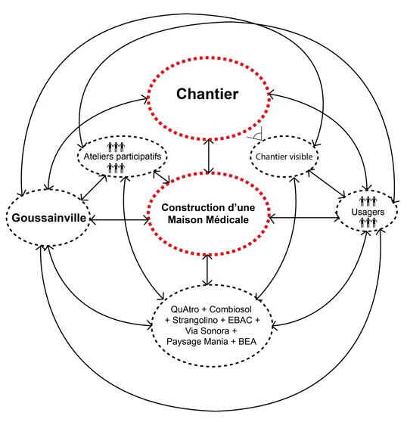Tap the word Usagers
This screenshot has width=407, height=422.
pyautogui.click(x=367, y=213)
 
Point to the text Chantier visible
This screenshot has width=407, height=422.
pyautogui.click(x=284, y=157)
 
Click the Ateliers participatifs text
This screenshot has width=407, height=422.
pyautogui.click(x=121, y=157)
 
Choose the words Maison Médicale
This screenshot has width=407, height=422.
pyautogui.click(x=208, y=219)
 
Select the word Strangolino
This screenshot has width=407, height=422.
pyautogui.click(x=197, y=321)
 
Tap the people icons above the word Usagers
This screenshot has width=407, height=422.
pyautogui.click(x=368, y=201)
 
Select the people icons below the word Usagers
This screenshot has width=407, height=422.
pyautogui.click(x=368, y=224)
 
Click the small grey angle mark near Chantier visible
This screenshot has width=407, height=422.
pyautogui.click(x=258, y=137)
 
